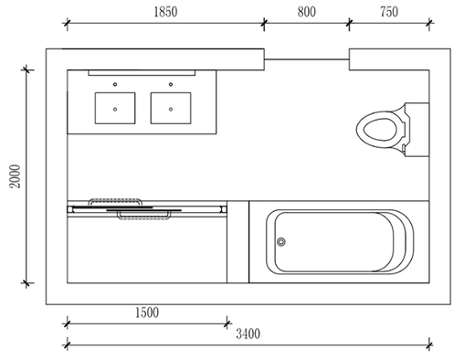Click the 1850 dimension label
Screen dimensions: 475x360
[x=165, y=12]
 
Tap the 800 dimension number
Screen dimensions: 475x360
[x=307, y=12]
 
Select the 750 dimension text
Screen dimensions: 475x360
[x=389, y=12]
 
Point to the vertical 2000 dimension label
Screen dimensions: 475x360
[x=15, y=176]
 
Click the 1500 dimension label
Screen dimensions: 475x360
[x=147, y=312]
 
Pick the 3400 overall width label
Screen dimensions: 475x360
[x=248, y=334]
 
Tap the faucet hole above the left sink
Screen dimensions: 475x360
[x=115, y=84]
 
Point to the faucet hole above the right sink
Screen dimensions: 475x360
[x=171, y=84]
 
